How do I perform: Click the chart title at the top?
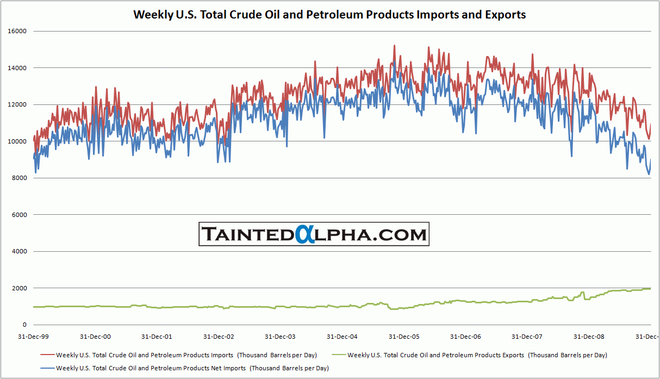point(329,15)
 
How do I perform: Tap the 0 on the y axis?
point(24,325)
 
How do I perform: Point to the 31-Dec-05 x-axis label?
point(404,337)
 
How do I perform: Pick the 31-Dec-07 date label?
point(528,337)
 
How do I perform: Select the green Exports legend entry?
point(477,355)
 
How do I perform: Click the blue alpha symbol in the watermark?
point(305,235)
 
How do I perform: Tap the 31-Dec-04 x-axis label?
point(343,337)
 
